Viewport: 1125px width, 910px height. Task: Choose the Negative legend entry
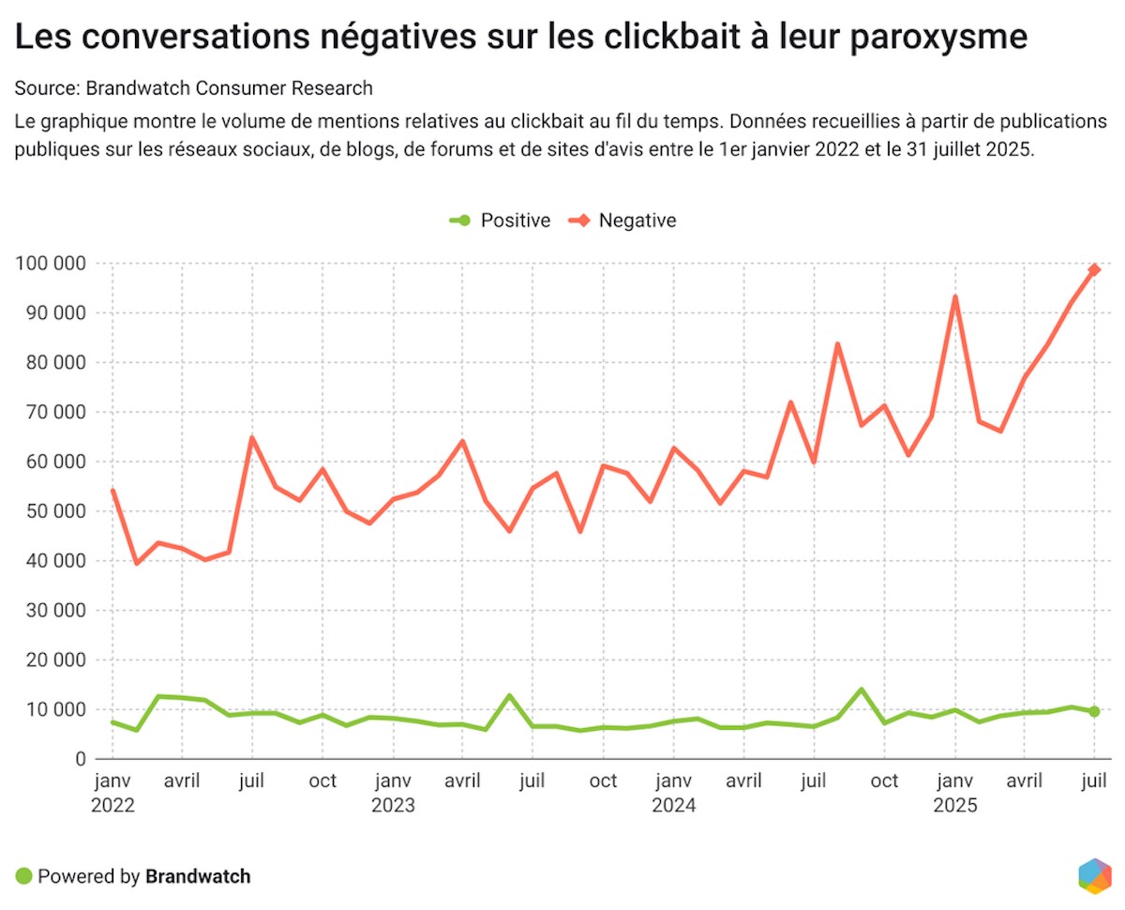pos(625,220)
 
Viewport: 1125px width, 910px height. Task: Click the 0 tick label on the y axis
pos(80,759)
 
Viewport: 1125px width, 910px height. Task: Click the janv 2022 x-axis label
pos(112,793)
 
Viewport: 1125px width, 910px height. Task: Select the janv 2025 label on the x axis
pos(954,793)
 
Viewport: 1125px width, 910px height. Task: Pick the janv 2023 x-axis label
pos(393,793)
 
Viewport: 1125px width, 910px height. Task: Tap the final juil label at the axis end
pos(1094,781)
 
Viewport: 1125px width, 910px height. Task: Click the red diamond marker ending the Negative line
pos(1094,270)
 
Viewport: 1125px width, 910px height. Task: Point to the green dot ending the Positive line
pos(1094,712)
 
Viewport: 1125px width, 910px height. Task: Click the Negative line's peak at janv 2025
pos(955,297)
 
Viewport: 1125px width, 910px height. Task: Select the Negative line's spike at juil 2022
pos(252,437)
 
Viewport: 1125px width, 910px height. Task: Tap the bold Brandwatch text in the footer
pos(198,877)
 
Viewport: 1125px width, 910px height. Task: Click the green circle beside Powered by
pos(23,877)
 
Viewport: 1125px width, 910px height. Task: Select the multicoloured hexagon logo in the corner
pos(1094,875)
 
